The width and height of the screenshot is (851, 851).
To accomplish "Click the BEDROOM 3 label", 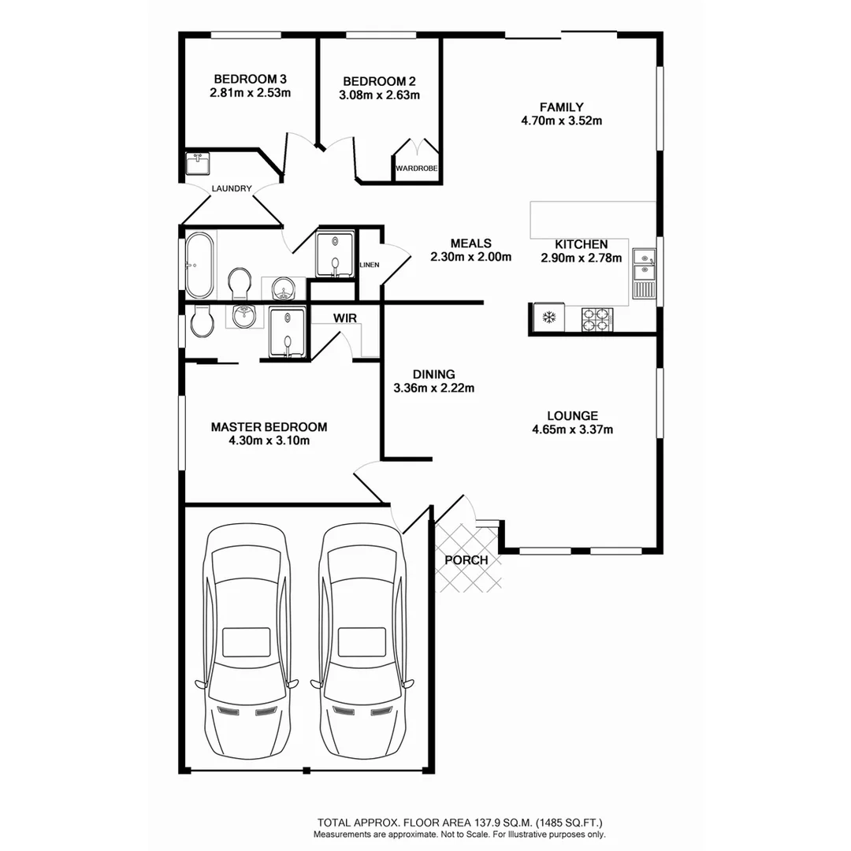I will [250, 79].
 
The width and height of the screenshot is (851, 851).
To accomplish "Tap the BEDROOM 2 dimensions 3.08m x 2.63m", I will [379, 95].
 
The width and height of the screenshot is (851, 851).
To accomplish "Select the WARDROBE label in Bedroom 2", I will [416, 169].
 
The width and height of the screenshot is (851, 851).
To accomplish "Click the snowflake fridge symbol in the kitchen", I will [549, 318].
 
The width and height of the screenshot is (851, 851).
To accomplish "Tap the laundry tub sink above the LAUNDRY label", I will [198, 164].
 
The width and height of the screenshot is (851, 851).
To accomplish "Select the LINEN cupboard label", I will [369, 265].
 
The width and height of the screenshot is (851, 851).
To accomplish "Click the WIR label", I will [343, 318].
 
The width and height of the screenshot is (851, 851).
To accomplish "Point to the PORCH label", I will [466, 560].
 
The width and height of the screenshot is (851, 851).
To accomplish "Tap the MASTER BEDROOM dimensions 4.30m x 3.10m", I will [269, 440].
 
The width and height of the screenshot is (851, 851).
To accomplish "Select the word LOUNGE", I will [572, 415].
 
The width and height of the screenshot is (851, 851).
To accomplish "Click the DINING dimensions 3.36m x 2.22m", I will [433, 388].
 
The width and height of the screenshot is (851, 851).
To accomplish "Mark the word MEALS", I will [471, 243].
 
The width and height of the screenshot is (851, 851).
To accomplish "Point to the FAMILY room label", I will [561, 107].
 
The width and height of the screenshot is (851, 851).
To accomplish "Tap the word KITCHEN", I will [581, 244].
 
